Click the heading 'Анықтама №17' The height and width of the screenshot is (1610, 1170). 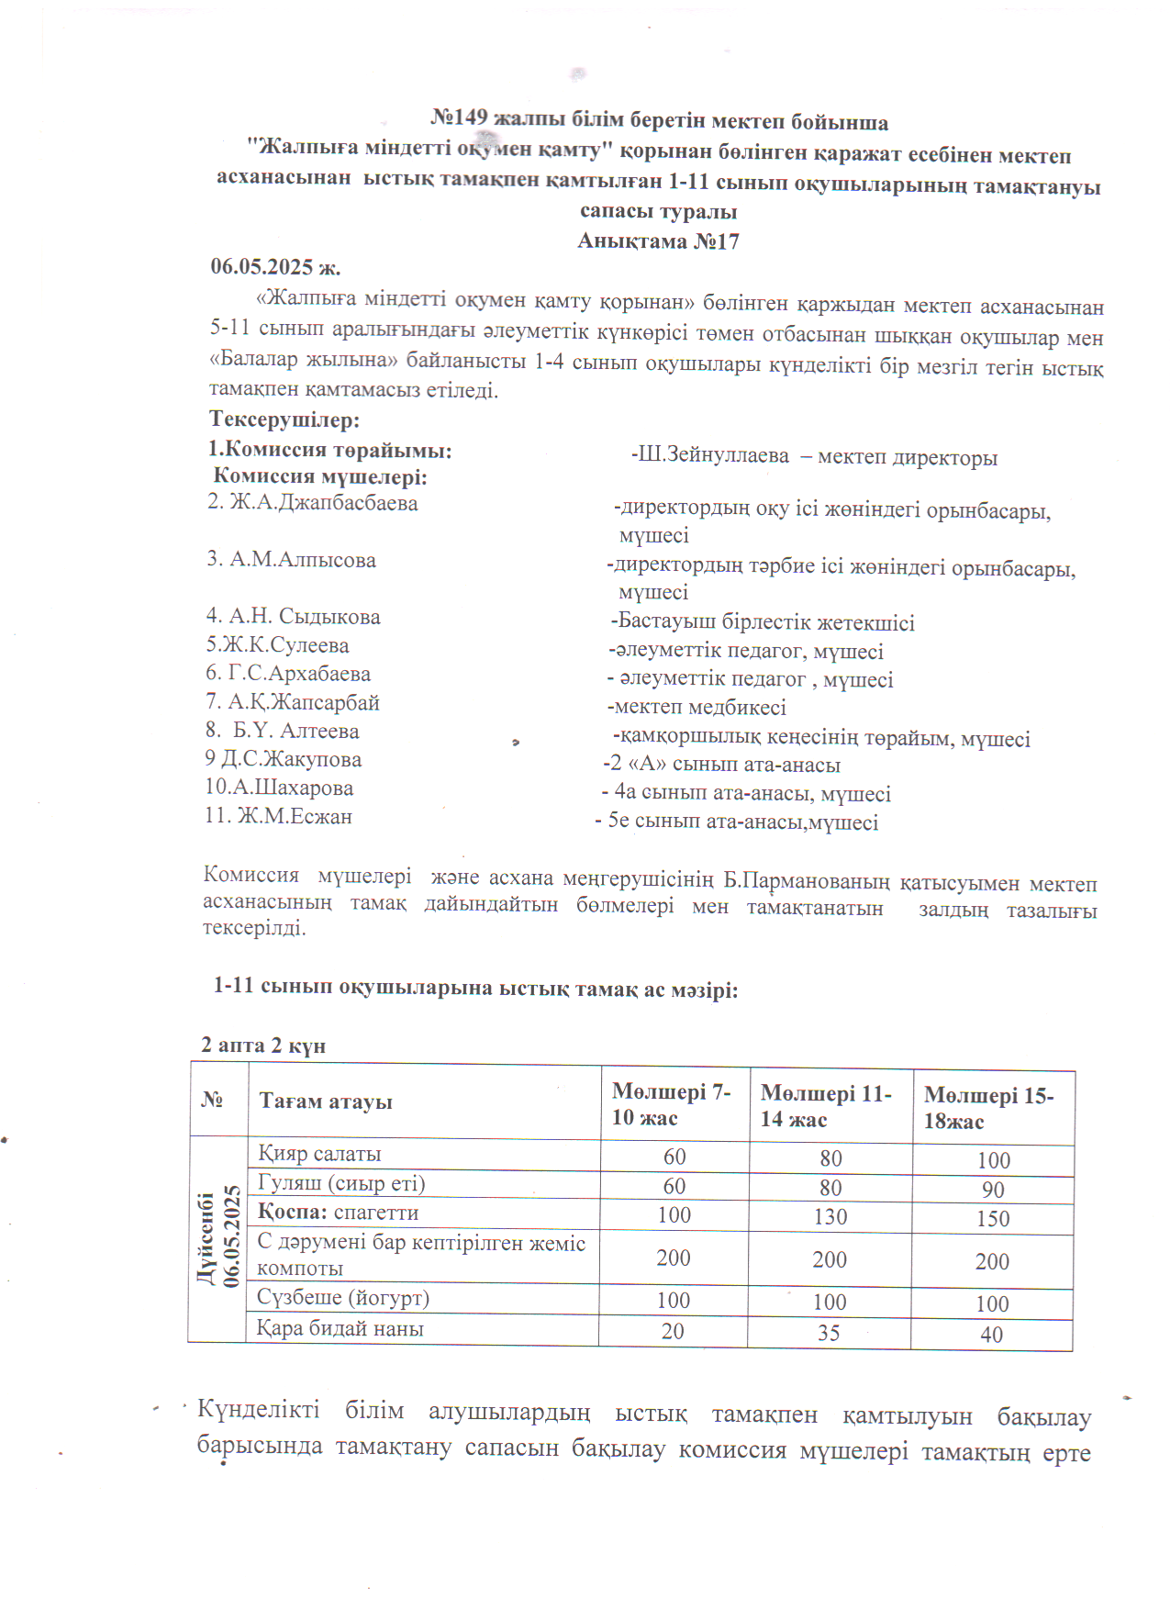[658, 241]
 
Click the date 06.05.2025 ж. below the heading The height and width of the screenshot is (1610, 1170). [275, 267]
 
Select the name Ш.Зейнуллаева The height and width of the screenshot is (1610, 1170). [713, 455]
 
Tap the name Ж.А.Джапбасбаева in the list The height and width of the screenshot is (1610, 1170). [312, 503]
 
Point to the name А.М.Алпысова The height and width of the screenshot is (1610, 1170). [291, 560]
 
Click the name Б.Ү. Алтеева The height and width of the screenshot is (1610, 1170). [283, 732]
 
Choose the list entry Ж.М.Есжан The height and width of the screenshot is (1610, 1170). [279, 816]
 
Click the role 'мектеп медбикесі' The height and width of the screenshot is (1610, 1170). [698, 708]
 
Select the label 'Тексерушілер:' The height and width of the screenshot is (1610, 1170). [284, 420]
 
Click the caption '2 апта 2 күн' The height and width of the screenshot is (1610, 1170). [263, 1045]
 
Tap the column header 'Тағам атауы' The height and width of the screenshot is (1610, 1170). [326, 1101]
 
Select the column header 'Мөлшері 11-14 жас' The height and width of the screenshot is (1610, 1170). [825, 1106]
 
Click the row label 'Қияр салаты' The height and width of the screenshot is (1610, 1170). [319, 1154]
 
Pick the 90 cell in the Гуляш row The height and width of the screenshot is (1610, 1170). [993, 1190]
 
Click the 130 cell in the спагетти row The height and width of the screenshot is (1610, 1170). [830, 1217]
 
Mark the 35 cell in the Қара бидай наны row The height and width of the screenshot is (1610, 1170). [829, 1333]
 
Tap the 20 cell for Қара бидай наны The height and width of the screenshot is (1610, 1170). [673, 1331]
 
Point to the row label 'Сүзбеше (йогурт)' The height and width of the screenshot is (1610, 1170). [343, 1298]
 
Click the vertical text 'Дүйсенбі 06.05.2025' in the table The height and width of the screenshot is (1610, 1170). [217, 1239]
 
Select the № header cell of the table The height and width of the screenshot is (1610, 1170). [212, 1100]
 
